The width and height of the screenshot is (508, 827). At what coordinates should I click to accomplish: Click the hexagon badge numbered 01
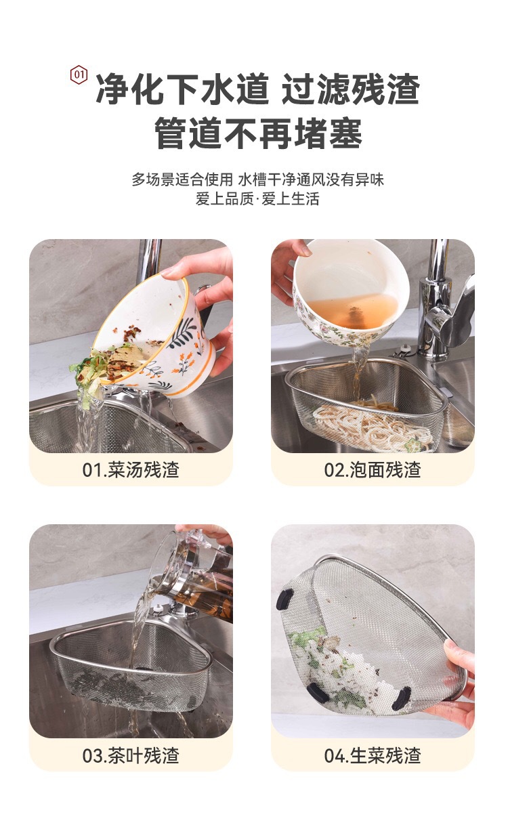click(79, 75)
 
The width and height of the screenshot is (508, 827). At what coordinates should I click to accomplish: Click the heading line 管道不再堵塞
click(258, 133)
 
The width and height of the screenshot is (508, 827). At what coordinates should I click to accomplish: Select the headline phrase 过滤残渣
click(350, 89)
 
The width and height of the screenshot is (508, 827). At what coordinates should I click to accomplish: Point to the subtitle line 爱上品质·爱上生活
click(257, 199)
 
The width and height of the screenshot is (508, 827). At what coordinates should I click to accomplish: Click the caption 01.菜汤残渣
click(131, 469)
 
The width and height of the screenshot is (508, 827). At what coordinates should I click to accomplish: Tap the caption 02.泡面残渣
click(373, 469)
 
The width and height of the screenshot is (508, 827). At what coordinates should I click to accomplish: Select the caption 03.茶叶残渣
click(131, 755)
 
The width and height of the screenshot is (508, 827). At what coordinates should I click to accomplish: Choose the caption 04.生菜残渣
click(373, 755)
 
